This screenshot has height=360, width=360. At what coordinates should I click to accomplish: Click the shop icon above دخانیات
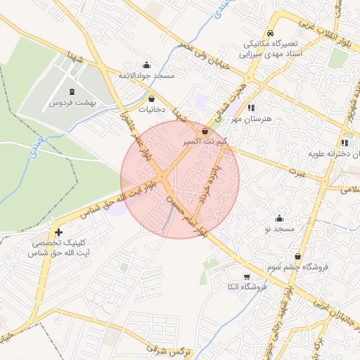click(153, 99)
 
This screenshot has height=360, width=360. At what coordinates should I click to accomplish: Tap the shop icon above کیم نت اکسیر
click(205, 131)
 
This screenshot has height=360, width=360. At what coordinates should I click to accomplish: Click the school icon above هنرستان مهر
click(251, 108)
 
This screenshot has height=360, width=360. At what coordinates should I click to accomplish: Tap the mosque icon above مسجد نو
click(279, 218)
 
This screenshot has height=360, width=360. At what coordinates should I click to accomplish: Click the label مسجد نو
click(279, 229)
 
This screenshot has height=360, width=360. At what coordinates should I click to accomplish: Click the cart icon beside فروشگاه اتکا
click(246, 276)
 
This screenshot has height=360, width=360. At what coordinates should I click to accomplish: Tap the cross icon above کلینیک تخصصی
click(58, 232)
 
